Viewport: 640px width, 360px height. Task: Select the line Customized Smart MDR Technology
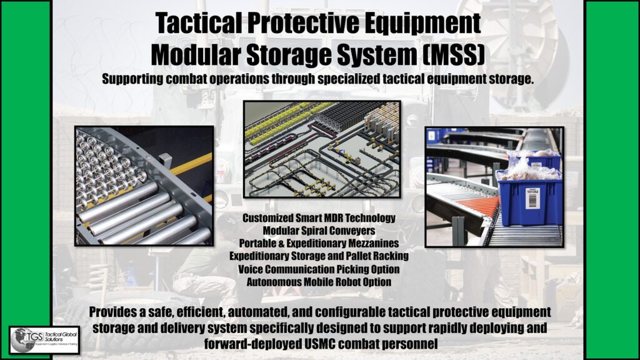pos(319,218)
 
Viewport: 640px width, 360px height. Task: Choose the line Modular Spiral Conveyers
pos(319,231)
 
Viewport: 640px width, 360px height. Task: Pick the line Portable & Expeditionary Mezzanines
pos(319,243)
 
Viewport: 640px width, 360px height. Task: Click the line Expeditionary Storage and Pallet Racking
pos(319,256)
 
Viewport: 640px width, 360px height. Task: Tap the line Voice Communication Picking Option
pos(319,269)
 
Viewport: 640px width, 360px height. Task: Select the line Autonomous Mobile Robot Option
pos(319,282)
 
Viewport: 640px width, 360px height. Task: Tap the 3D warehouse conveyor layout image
pos(322,149)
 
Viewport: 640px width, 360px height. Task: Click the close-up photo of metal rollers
pos(144,186)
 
